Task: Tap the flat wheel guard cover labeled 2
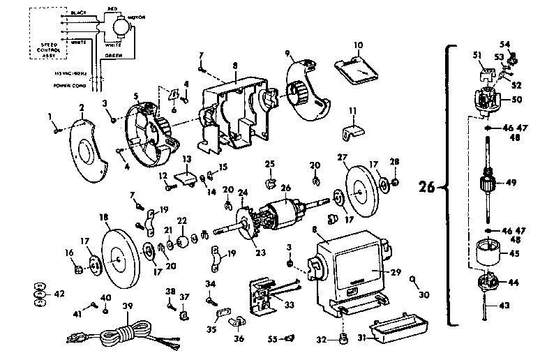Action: coord(87,150)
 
